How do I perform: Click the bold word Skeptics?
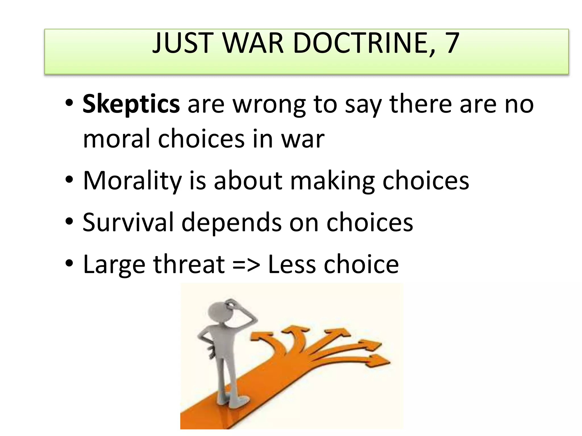pyautogui.click(x=131, y=104)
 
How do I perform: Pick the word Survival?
pyautogui.click(x=128, y=222)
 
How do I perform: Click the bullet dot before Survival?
pyautogui.click(x=69, y=221)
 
